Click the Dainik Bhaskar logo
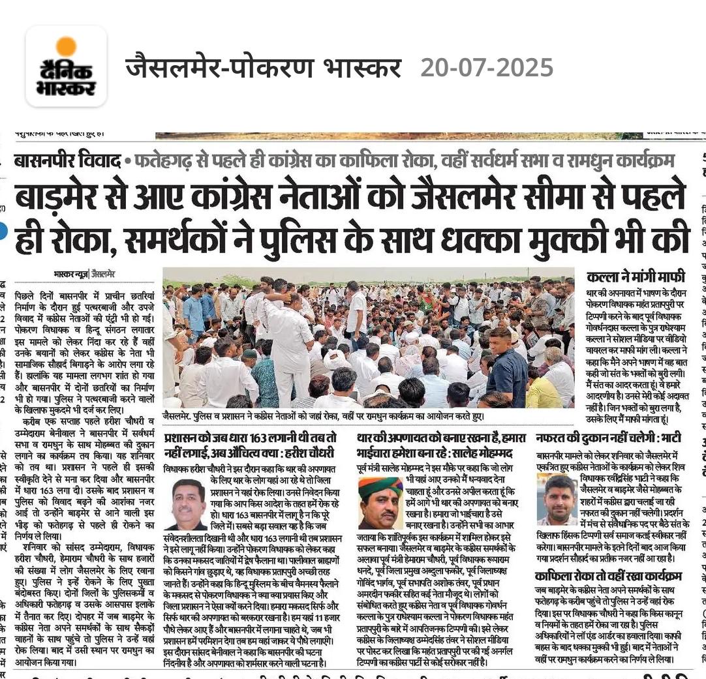(66, 67)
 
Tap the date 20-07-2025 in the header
(487, 67)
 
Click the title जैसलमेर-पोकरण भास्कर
(263, 67)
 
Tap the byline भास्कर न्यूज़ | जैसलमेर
(84, 274)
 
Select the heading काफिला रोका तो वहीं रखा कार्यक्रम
(608, 576)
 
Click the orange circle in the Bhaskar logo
(66, 46)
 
